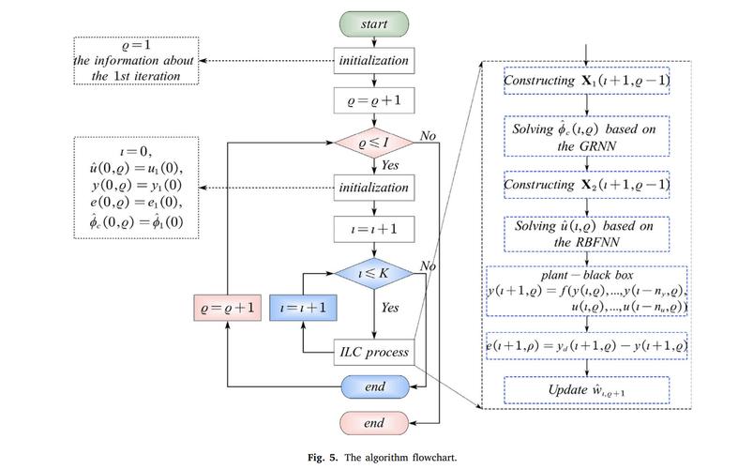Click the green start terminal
pyautogui.click(x=374, y=24)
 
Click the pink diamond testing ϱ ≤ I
pyautogui.click(x=373, y=143)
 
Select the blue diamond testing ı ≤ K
pyautogui.click(x=373, y=273)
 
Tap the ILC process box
pyautogui.click(x=374, y=353)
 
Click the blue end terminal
pyautogui.click(x=375, y=386)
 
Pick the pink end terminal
pyautogui.click(x=374, y=423)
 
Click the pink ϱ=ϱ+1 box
pyautogui.click(x=228, y=308)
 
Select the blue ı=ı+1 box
pyautogui.click(x=303, y=308)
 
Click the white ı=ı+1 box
pyautogui.click(x=374, y=229)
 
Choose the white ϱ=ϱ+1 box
pyautogui.click(x=374, y=101)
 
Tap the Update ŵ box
pyautogui.click(x=586, y=390)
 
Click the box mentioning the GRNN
pyautogui.click(x=586, y=136)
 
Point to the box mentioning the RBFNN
pyautogui.click(x=586, y=234)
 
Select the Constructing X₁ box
pyautogui.click(x=586, y=81)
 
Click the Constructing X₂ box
pyautogui.click(x=586, y=185)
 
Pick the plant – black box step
pyautogui.click(x=587, y=291)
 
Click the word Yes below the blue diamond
pyautogui.click(x=390, y=308)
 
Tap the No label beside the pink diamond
pyautogui.click(x=428, y=136)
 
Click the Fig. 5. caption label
pyautogui.click(x=323, y=457)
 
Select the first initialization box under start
pyautogui.click(x=374, y=61)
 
